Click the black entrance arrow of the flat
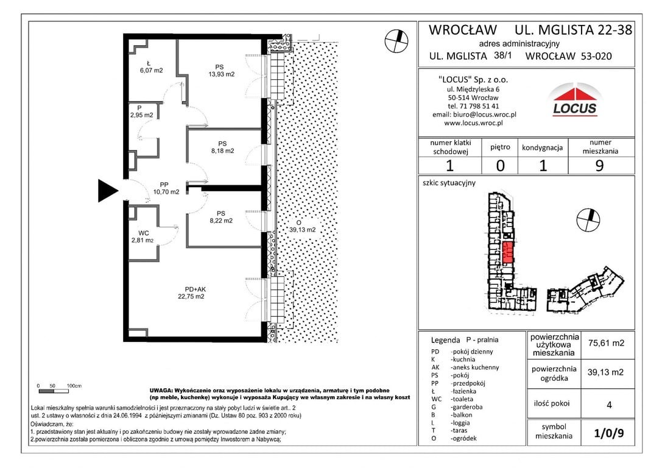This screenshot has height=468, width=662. point(107,191)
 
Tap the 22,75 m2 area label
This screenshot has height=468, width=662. point(191,297)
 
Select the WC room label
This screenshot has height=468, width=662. point(144,233)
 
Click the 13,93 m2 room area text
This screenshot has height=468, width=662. point(221,74)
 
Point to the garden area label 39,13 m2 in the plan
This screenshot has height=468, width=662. point(302,230)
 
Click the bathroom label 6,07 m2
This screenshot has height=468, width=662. point(151,71)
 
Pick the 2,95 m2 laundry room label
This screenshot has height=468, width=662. point(142,115)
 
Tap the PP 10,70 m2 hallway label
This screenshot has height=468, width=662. point(166,188)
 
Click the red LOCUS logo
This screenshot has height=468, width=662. point(574,101)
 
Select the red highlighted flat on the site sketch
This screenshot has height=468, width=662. point(508,252)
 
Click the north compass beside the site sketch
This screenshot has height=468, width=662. point(588,219)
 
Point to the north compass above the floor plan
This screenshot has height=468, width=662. point(396,41)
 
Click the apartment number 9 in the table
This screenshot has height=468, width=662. point(599,166)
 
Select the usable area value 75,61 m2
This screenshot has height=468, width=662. point(606,343)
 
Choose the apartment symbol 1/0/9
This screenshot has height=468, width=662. point(609,433)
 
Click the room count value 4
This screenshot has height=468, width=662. point(609,405)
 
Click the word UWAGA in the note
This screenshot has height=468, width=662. point(160,391)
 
